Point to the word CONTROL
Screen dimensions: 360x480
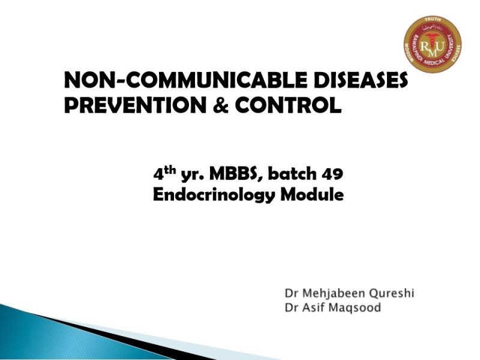click(288, 106)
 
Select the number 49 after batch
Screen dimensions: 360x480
click(332, 175)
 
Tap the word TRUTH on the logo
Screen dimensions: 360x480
click(433, 20)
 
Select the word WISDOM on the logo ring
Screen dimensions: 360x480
click(408, 56)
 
